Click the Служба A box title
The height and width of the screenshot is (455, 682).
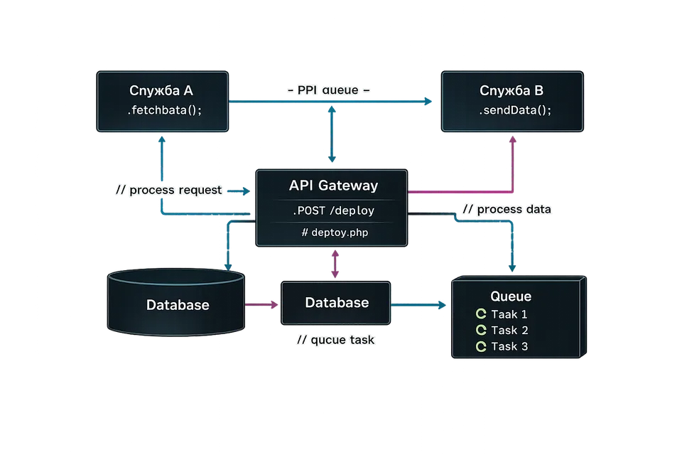pyautogui.click(x=161, y=90)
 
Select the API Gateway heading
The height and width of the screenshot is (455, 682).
pyautogui.click(x=334, y=186)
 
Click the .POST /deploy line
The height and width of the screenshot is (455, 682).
pyautogui.click(x=333, y=211)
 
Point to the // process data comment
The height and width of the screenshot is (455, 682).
pyautogui.click(x=506, y=210)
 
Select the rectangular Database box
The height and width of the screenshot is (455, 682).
pyautogui.click(x=337, y=303)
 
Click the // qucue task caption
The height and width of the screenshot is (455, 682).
pyautogui.click(x=335, y=341)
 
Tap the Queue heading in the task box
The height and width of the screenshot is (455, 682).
pyautogui.click(x=511, y=296)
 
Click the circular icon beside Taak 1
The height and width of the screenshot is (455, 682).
pyautogui.click(x=480, y=314)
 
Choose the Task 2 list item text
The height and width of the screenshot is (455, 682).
pyautogui.click(x=509, y=331)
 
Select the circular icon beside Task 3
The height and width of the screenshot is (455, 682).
pyautogui.click(x=480, y=347)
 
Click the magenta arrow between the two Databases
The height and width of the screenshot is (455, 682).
pyautogui.click(x=261, y=305)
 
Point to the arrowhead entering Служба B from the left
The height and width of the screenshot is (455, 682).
pyautogui.click(x=428, y=102)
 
